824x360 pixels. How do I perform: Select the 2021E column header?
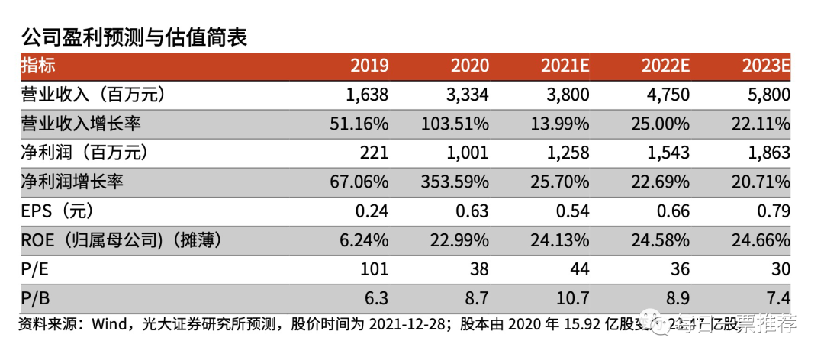pos(565,66)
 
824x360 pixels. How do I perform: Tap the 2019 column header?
pos(369,66)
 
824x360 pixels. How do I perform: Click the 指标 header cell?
pos(38,66)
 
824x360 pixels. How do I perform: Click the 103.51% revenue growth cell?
pos(455,124)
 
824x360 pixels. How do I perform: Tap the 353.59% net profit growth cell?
pos(455,182)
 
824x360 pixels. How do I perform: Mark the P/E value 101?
pos(375,269)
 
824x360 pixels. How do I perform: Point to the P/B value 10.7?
pos(572,298)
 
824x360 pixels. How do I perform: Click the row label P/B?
pos(34,298)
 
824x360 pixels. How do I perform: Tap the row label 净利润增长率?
pos(72,182)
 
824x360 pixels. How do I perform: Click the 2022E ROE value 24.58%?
pos(660,240)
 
